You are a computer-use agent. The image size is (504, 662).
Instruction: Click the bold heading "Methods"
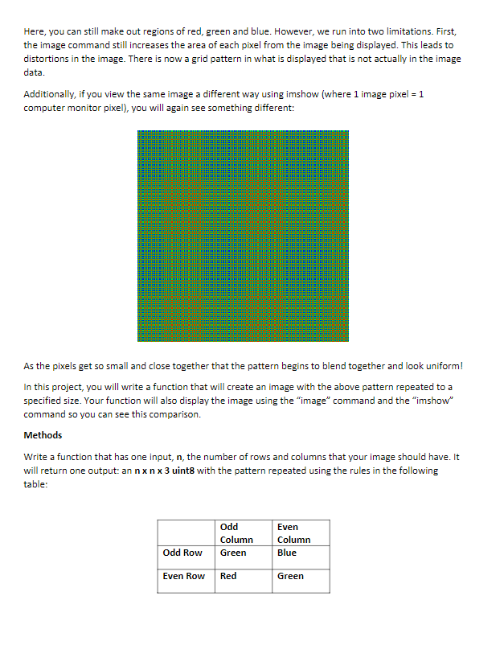43,435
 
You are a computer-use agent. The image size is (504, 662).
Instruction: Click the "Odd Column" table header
236,533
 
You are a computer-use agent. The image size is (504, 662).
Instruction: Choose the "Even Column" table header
293,533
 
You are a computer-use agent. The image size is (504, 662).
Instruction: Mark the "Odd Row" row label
182,553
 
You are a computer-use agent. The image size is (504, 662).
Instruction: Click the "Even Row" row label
184,576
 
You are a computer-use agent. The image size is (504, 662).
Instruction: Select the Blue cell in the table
287,553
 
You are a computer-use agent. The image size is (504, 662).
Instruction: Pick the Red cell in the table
228,576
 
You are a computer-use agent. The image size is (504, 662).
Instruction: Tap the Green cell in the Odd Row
233,553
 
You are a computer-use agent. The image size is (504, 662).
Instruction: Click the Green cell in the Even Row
290,576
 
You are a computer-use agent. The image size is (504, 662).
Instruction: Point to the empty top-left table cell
186,532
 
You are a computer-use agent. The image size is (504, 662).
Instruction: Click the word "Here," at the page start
35,32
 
